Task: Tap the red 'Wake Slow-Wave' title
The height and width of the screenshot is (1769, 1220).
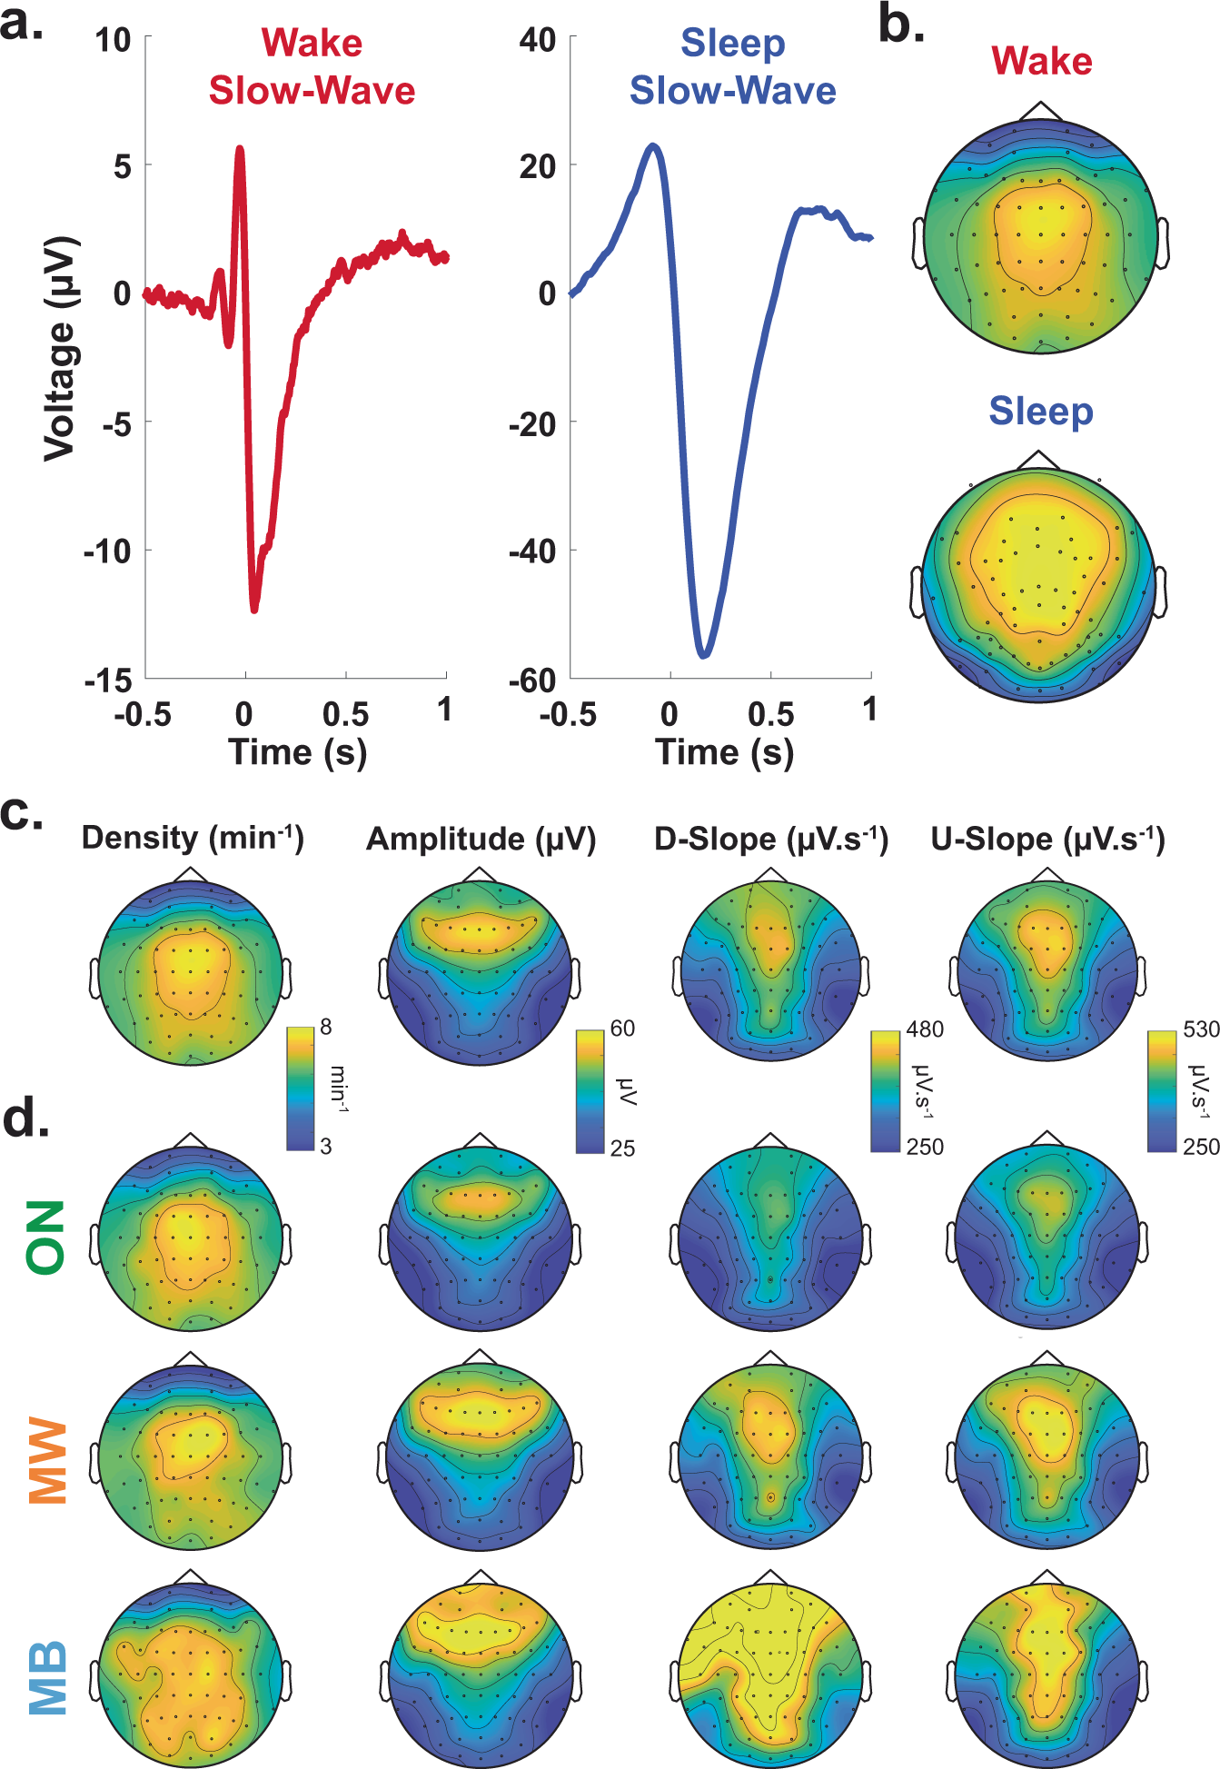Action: [x=312, y=67]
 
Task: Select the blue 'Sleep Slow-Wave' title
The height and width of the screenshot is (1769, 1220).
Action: [x=732, y=67]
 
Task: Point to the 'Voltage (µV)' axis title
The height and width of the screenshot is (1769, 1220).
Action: [x=60, y=347]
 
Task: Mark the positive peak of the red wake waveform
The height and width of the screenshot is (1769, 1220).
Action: [x=240, y=149]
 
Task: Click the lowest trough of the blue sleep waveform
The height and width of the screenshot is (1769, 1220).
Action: [x=703, y=653]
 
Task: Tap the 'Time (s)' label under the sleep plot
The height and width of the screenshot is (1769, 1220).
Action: [x=724, y=752]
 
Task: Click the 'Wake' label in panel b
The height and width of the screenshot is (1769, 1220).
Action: [x=1041, y=62]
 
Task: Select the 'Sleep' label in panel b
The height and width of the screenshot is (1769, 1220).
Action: [x=1041, y=412]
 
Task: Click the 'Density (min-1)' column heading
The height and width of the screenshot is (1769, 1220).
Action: [x=193, y=837]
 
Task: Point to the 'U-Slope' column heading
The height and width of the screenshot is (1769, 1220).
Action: [x=1047, y=839]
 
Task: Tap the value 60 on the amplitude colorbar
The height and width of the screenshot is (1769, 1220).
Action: [x=622, y=1029]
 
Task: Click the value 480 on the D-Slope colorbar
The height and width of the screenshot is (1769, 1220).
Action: [x=925, y=1029]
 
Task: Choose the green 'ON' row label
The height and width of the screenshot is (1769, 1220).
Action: [x=46, y=1237]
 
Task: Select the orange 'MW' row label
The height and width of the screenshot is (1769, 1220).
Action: [x=46, y=1460]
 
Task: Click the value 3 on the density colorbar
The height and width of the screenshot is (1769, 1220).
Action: [x=326, y=1147]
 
